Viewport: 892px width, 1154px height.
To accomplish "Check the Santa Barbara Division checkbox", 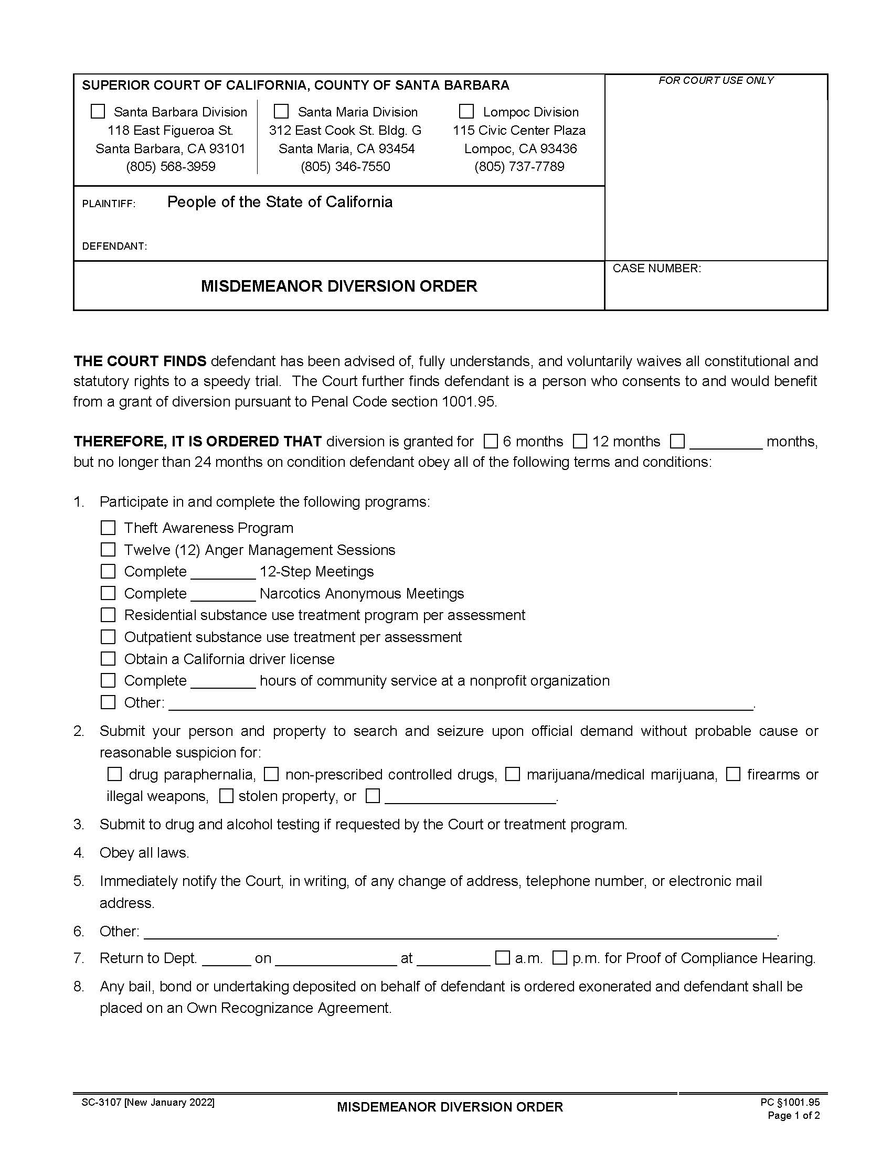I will (98, 112).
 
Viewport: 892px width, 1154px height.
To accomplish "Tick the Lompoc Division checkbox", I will (466, 112).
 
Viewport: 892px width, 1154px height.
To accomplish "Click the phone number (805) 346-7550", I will (345, 167).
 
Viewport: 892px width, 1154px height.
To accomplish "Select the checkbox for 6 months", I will (491, 441).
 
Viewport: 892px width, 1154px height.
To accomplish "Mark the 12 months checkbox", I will (580, 441).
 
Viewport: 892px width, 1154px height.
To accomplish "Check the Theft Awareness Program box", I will (108, 528).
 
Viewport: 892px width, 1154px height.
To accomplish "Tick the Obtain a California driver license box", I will (108, 659).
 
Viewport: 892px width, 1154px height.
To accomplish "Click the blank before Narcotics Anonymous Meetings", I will (223, 594).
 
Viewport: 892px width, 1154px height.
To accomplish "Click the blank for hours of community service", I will (223, 681).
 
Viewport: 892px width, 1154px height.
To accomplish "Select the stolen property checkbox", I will (226, 796).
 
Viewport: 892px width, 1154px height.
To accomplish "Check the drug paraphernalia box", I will (115, 775).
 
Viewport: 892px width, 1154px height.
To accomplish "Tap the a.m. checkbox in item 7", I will (503, 957).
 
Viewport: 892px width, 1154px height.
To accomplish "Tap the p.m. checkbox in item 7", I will (560, 957).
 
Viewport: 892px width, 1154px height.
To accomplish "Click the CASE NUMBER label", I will (656, 269).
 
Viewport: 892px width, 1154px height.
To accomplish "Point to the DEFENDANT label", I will (114, 246).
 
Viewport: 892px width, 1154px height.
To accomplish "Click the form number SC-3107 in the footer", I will (102, 1103).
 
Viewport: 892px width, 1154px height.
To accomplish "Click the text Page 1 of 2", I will (793, 1116).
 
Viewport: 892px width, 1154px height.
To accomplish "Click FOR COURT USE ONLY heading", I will (716, 80).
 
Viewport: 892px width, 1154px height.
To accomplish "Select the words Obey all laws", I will (144, 853).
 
